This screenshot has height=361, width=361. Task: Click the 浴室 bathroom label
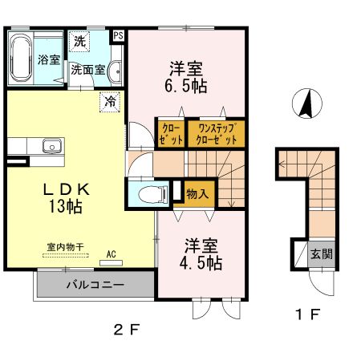tap(48, 59)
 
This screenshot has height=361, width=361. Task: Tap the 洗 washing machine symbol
tap(80, 40)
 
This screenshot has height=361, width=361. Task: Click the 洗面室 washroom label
tap(87, 70)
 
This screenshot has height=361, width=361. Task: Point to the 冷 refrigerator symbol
tap(110, 103)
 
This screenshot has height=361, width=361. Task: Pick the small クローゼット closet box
tap(171, 133)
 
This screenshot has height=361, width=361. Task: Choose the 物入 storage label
tap(197, 193)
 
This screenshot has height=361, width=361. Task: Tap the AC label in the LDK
tap(111, 255)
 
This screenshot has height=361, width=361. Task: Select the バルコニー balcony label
tap(94, 285)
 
